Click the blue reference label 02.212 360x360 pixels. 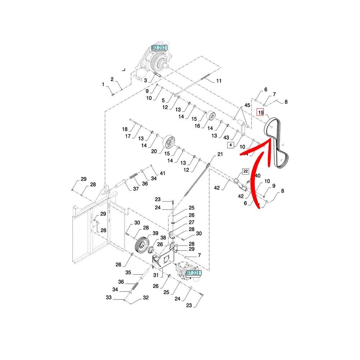[x=160, y=48]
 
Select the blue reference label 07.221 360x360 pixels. [x=193, y=273]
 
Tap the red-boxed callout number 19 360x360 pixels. [x=261, y=112]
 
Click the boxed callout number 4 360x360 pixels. [x=230, y=145]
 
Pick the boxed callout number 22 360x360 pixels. [x=245, y=171]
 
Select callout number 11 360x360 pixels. [x=219, y=81]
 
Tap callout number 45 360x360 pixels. [x=247, y=105]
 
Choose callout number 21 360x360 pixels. [x=220, y=154]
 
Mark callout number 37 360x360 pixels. [x=136, y=189]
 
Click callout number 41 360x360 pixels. [x=162, y=174]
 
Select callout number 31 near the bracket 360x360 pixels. [x=156, y=275]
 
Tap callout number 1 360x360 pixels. [x=103, y=85]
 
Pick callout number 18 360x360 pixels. [x=125, y=129]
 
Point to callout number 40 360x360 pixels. [x=257, y=175]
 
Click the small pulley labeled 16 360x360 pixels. [x=211, y=116]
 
